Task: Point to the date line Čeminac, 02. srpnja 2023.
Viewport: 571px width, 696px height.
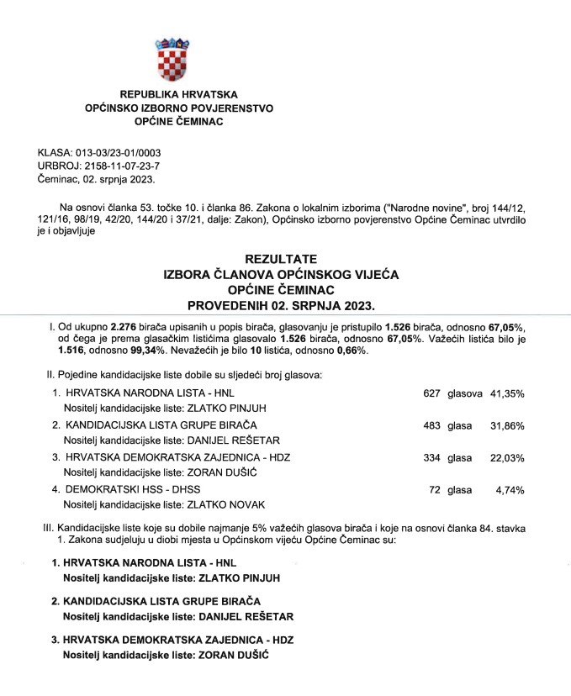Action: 97,180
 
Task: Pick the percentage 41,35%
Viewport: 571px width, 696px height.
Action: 507,393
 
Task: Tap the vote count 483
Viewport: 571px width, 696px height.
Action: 431,425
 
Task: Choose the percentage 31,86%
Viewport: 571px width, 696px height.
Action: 507,425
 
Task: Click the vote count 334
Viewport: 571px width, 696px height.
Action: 431,458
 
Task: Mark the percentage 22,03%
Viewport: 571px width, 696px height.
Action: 507,458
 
